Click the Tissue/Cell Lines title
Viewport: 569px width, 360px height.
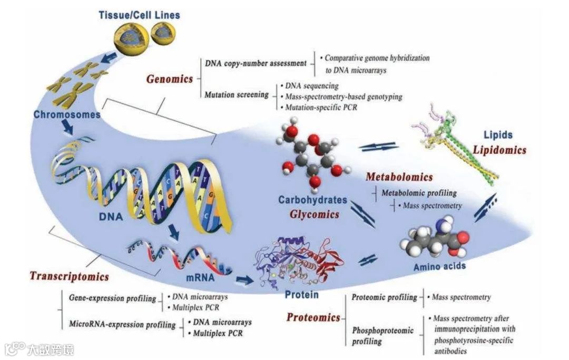pyautogui.click(x=139, y=14)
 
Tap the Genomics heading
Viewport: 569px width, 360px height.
pyautogui.click(x=170, y=79)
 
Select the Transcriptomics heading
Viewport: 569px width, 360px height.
pyautogui.click(x=69, y=276)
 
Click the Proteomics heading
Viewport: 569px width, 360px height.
pyautogui.click(x=313, y=317)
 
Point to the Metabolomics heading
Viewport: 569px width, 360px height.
pyautogui.click(x=399, y=177)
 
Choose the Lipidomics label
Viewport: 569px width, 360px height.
pyautogui.click(x=499, y=150)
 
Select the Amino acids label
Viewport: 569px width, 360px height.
pyautogui.click(x=439, y=266)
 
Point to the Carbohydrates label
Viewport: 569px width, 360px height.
pyautogui.click(x=313, y=200)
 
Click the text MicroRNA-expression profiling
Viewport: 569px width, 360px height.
pyautogui.click(x=122, y=325)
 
